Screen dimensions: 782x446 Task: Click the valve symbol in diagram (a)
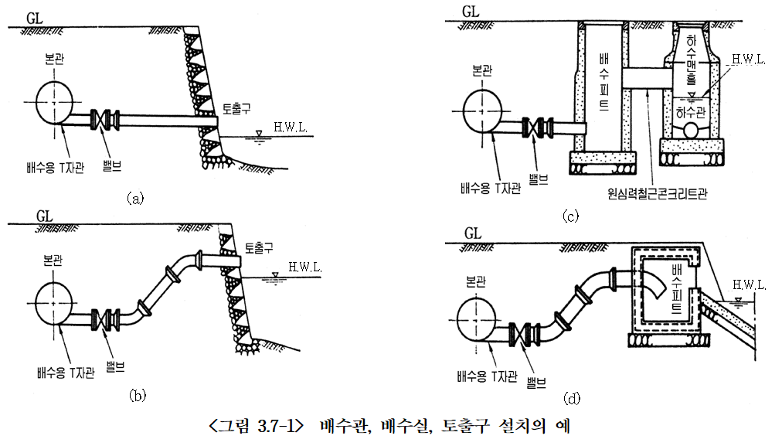tap(105, 120)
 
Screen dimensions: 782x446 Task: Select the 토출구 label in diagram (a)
tap(236, 108)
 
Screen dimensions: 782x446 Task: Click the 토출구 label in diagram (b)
tap(259, 248)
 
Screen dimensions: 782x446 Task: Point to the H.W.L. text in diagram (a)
tap(291, 127)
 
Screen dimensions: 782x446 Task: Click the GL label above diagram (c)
tap(471, 12)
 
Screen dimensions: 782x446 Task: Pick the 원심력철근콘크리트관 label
tap(658, 193)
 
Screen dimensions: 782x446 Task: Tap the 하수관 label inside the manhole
tap(692, 112)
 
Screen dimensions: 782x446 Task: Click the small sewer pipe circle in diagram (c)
tap(691, 130)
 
